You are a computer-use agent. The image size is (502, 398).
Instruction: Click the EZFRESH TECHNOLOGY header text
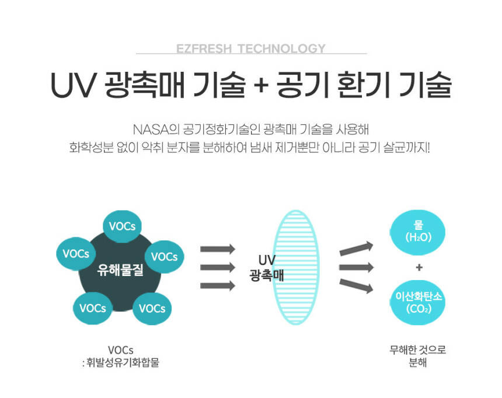pyautogui.click(x=250, y=48)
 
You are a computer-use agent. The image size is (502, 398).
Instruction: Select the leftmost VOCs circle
pyautogui.click(x=76, y=253)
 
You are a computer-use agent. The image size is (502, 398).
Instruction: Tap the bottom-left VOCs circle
pyautogui.click(x=93, y=308)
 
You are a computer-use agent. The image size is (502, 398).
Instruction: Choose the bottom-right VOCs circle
pyautogui.click(x=152, y=308)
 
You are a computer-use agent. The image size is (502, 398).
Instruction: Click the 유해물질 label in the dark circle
pyautogui.click(x=120, y=270)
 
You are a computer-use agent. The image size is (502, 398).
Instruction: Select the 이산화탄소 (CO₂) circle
pyautogui.click(x=419, y=302)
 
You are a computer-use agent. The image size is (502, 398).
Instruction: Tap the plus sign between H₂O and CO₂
pyautogui.click(x=419, y=268)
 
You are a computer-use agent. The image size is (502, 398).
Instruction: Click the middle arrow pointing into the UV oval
pyautogui.click(x=218, y=267)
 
